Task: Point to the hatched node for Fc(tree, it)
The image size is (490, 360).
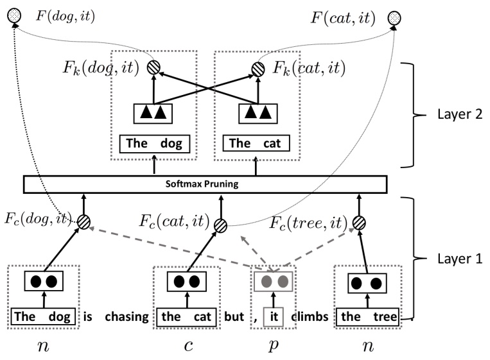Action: tap(359, 223)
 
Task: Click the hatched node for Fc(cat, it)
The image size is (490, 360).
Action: tap(220, 225)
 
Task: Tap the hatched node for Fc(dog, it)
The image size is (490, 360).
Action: tap(84, 222)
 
